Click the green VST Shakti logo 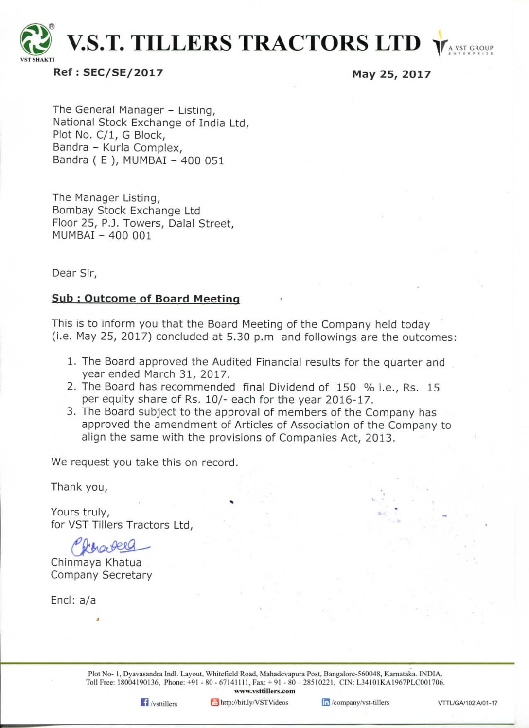pyautogui.click(x=35, y=40)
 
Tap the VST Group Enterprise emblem pyautogui.click(x=440, y=44)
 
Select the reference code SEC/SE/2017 pyautogui.click(x=123, y=73)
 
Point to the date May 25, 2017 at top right pyautogui.click(x=391, y=74)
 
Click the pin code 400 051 pyautogui.click(x=202, y=161)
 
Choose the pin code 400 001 pyautogui.click(x=130, y=236)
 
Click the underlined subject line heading pyautogui.click(x=146, y=299)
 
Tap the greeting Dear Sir pyautogui.click(x=74, y=273)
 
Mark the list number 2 pyautogui.click(x=71, y=387)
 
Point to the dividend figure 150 pyautogui.click(x=346, y=388)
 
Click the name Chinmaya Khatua pyautogui.click(x=96, y=563)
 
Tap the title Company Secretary pyautogui.click(x=101, y=575)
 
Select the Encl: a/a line pyautogui.click(x=73, y=601)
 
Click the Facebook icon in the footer pyautogui.click(x=144, y=702)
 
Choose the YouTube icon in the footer pyautogui.click(x=214, y=702)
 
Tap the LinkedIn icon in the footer pyautogui.click(x=326, y=702)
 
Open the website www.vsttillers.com pyautogui.click(x=264, y=691)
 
